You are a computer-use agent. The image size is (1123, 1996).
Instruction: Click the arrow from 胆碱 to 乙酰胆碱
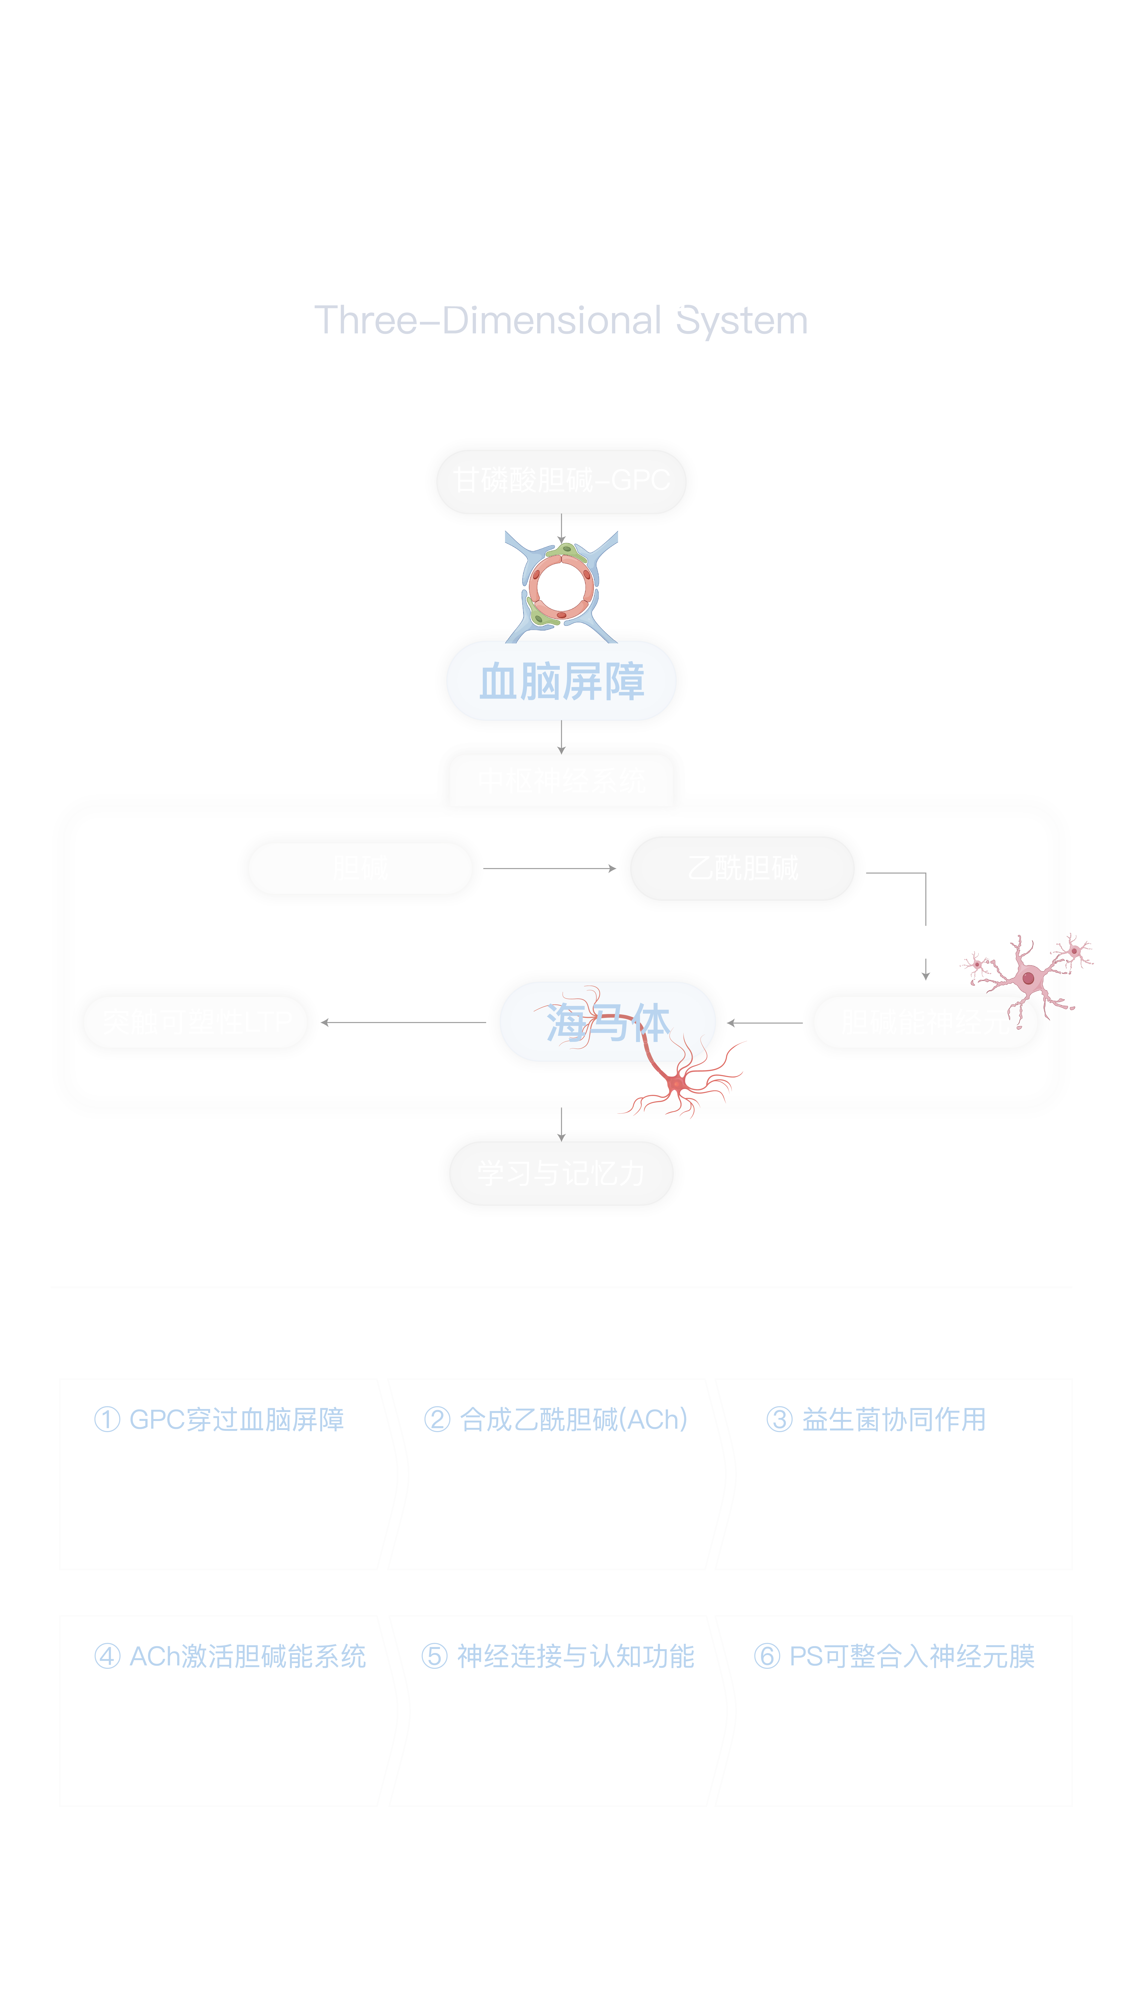coord(550,869)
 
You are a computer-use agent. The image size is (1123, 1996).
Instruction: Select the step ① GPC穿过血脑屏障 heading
coord(219,1419)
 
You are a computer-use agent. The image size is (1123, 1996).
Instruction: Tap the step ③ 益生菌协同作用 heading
coord(876,1419)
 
